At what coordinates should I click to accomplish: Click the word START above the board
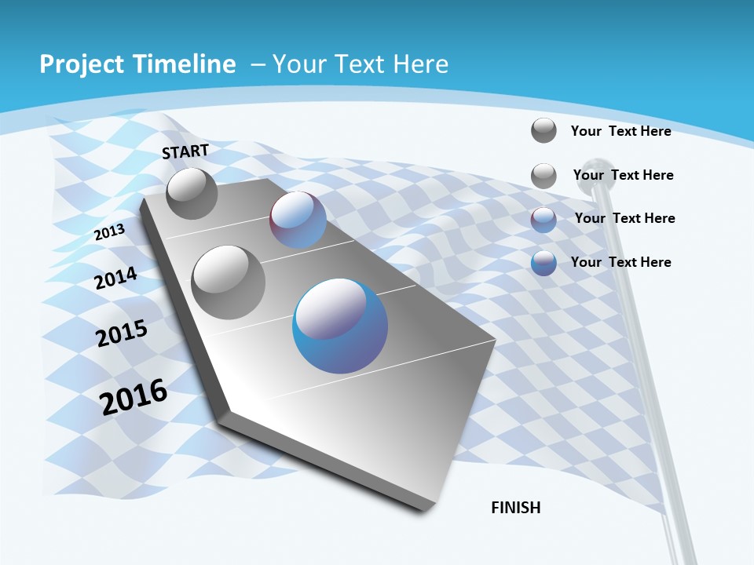pos(185,151)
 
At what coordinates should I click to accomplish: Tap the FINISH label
pos(516,508)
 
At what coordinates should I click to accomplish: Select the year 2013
pos(109,231)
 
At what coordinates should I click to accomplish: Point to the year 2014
pos(116,279)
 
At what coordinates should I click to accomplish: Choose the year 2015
pos(122,334)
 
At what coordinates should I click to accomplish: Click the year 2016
pos(134,396)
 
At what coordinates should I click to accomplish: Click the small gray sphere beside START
pos(192,193)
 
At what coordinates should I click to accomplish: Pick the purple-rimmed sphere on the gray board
pos(298,220)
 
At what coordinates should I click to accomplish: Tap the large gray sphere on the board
pos(229,282)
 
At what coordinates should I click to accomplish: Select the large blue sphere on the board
pos(340,326)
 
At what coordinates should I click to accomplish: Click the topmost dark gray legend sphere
pos(544,130)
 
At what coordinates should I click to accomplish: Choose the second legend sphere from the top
pos(544,176)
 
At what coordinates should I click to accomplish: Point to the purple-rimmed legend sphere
pos(544,219)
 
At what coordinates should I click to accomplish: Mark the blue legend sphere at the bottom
pos(544,263)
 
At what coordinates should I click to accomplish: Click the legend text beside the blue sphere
pos(620,262)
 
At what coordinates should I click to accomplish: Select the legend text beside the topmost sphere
pos(620,131)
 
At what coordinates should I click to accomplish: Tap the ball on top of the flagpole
pos(602,173)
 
